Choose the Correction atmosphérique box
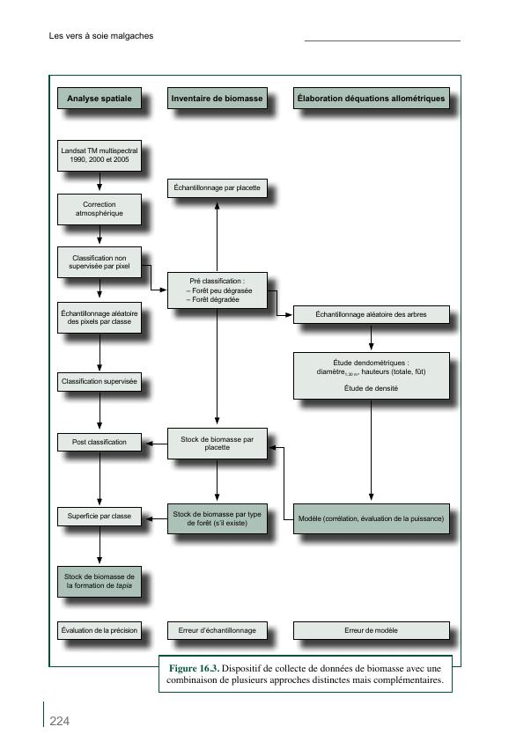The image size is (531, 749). pyautogui.click(x=99, y=209)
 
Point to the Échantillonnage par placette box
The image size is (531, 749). pyautogui.click(x=217, y=188)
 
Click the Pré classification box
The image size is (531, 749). pyautogui.click(x=217, y=290)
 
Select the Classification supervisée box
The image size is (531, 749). pyautogui.click(x=99, y=383)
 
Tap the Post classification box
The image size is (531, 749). pyautogui.click(x=99, y=442)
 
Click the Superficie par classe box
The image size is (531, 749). pyautogui.click(x=99, y=516)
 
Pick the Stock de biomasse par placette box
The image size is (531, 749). pyautogui.click(x=217, y=443)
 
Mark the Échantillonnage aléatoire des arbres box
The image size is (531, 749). pyautogui.click(x=371, y=314)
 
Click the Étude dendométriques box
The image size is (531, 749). pyautogui.click(x=371, y=375)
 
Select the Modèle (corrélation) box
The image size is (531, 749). pyautogui.click(x=371, y=518)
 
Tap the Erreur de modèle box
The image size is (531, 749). pyautogui.click(x=371, y=630)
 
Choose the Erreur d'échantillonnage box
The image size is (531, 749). pyautogui.click(x=217, y=630)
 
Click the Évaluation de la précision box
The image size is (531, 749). pyautogui.click(x=99, y=630)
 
